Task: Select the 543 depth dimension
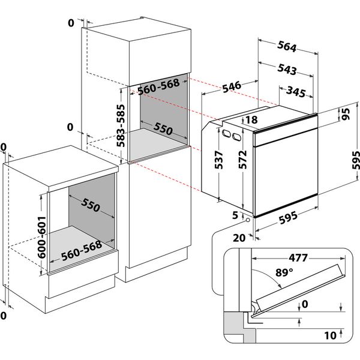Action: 287,70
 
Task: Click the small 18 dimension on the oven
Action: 251,121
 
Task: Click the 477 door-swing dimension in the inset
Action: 296,259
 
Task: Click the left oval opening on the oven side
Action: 226,133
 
